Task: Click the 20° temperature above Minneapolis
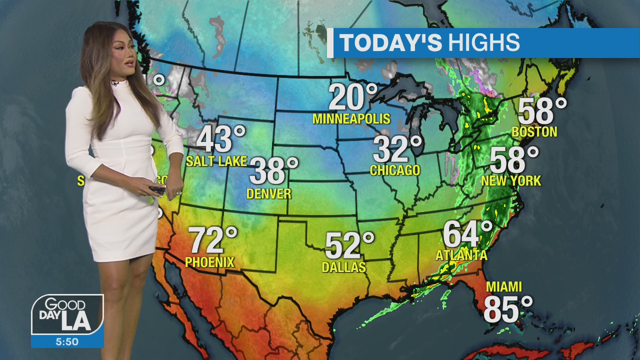pyautogui.click(x=352, y=97)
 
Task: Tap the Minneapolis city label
pyautogui.click(x=351, y=119)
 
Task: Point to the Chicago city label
pyautogui.click(x=395, y=170)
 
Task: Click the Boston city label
pyautogui.click(x=534, y=132)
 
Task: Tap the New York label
pyautogui.click(x=511, y=181)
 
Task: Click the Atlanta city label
pyautogui.click(x=461, y=255)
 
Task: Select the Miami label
pyautogui.click(x=504, y=287)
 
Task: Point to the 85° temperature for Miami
pyautogui.click(x=508, y=309)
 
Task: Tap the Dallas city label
pyautogui.click(x=344, y=267)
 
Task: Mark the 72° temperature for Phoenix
pyautogui.click(x=213, y=240)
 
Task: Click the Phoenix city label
pyautogui.click(x=209, y=262)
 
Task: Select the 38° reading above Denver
pyautogui.click(x=273, y=171)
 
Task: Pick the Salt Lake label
pyautogui.click(x=216, y=161)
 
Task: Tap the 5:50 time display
pyautogui.click(x=67, y=342)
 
